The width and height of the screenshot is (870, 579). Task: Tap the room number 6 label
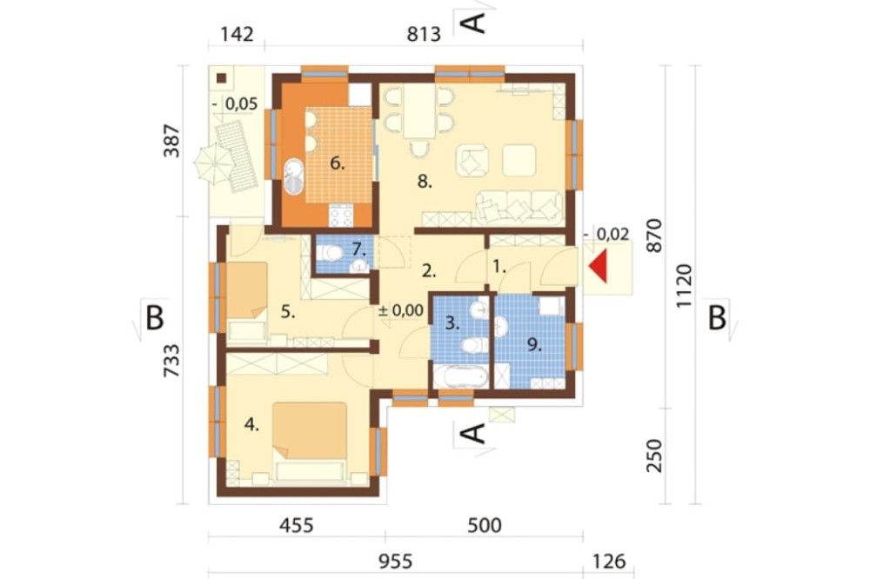click(x=336, y=162)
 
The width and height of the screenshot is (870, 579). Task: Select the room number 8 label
click(x=425, y=182)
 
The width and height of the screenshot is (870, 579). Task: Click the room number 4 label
click(x=252, y=425)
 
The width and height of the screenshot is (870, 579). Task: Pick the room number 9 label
click(x=535, y=344)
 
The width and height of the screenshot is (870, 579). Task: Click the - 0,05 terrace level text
click(x=234, y=104)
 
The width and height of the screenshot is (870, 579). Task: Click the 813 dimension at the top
click(x=423, y=35)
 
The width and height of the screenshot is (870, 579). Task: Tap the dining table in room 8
click(x=419, y=110)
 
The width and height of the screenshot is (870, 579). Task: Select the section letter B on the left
click(x=154, y=319)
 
